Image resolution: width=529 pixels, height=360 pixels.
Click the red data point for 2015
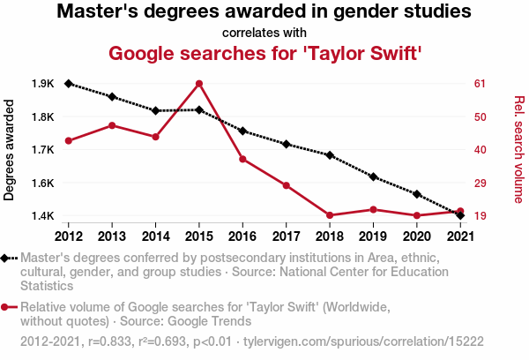199,84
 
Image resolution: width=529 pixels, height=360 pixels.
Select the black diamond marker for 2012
68,84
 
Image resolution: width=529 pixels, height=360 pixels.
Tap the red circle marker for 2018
330,215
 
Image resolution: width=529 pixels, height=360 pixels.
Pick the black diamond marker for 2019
373,177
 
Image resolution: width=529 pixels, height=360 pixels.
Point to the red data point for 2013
112,125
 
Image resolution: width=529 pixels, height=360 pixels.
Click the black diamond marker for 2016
242,131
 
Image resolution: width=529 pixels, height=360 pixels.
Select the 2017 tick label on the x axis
286,236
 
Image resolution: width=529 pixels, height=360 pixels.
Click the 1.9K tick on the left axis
42,84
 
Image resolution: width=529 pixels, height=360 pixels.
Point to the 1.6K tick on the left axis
42,183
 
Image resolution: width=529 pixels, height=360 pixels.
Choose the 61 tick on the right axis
481,84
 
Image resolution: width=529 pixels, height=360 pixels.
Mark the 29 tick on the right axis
481,183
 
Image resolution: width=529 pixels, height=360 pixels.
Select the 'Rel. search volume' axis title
518,149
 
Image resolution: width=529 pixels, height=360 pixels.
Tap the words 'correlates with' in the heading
264,34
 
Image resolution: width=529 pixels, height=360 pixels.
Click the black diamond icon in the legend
6,258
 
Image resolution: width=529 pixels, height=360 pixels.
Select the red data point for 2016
242,159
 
